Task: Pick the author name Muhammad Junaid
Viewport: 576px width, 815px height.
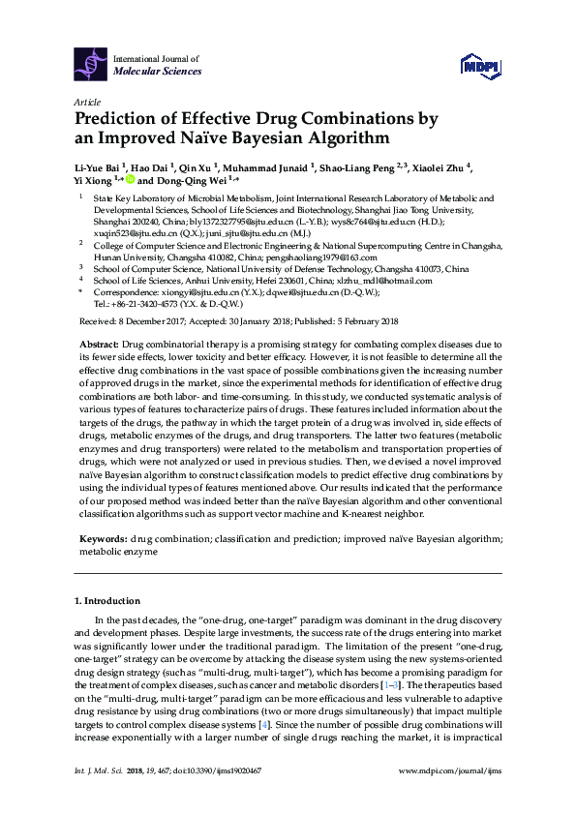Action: coord(271,166)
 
